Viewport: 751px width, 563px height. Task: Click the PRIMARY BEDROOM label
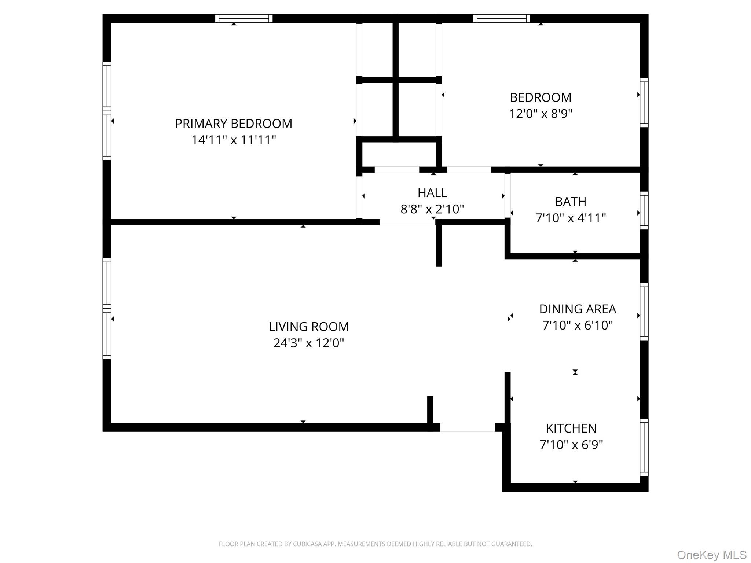tap(234, 124)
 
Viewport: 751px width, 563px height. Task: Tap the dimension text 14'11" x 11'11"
tap(234, 140)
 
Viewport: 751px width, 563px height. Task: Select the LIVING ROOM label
tap(309, 327)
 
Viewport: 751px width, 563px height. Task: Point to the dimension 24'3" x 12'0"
tap(309, 343)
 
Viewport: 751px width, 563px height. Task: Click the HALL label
tap(432, 193)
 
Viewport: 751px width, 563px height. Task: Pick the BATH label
tap(571, 202)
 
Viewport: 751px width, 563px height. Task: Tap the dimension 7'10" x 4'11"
tap(571, 218)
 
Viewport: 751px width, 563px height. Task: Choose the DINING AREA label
tap(578, 309)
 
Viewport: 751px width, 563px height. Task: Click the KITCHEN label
tap(571, 428)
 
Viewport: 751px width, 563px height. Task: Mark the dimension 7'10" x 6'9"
tap(571, 445)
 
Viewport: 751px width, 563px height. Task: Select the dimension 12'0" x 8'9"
tap(541, 114)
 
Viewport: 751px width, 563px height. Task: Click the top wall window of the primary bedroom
tap(244, 18)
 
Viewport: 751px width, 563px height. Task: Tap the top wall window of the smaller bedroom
tap(502, 18)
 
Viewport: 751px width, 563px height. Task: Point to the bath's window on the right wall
tap(644, 210)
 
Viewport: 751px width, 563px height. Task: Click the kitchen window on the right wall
tap(644, 447)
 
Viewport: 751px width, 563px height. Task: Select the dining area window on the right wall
tap(644, 312)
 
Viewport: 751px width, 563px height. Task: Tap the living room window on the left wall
tap(107, 308)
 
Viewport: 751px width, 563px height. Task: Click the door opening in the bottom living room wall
tap(467, 427)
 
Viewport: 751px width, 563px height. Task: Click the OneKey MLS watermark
tap(712, 555)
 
